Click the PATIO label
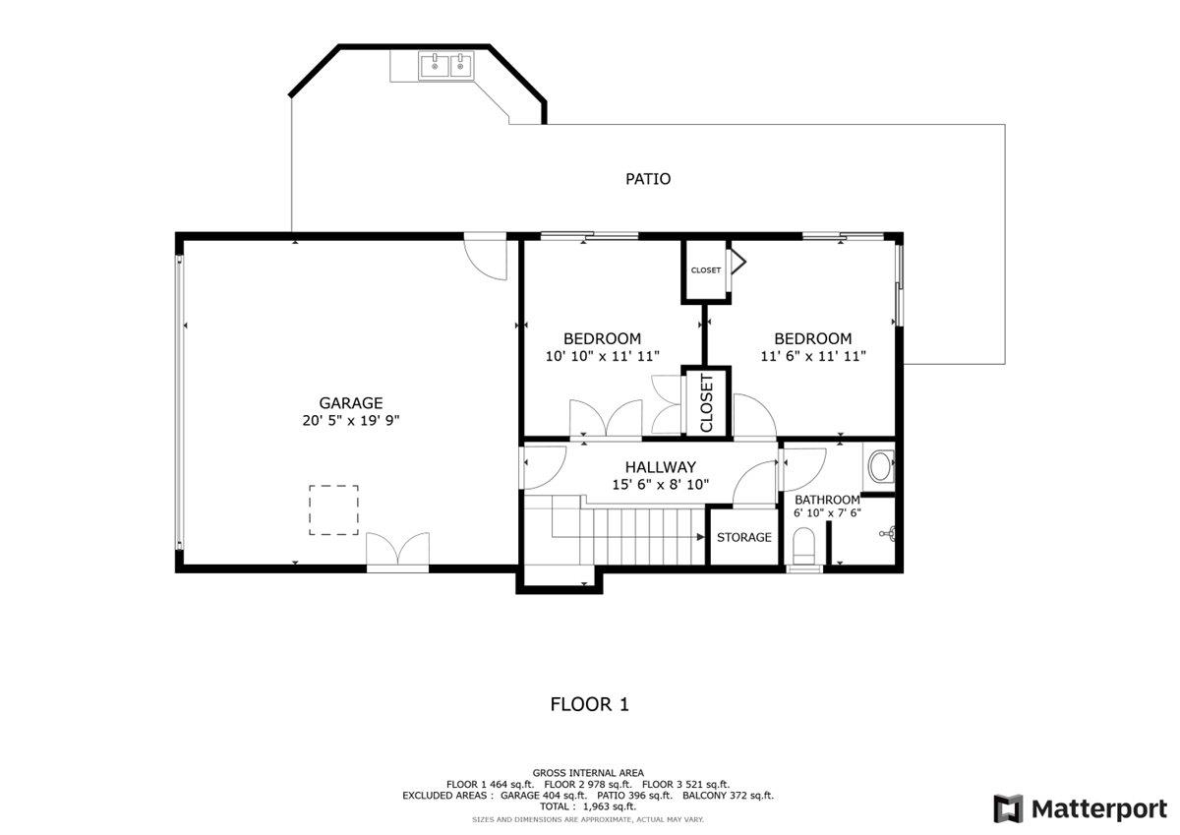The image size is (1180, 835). [648, 179]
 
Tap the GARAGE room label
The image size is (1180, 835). [351, 403]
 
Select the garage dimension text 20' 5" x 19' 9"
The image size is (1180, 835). [351, 420]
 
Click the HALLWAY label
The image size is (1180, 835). [661, 467]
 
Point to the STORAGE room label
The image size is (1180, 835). [743, 537]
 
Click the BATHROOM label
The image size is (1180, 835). [827, 500]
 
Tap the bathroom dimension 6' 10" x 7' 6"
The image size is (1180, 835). [827, 512]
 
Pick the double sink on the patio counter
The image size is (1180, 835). [446, 66]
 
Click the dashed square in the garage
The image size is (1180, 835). [333, 510]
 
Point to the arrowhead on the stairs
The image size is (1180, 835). [700, 537]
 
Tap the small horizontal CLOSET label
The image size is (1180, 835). [706, 270]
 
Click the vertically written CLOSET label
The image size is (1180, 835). [706, 403]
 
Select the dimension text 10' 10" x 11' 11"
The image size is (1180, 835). [602, 356]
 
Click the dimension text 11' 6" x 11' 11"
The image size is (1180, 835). [813, 356]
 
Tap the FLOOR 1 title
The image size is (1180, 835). [589, 704]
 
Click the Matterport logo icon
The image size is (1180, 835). [1008, 808]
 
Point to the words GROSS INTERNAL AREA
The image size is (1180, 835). [588, 773]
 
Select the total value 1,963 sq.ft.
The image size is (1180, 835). [610, 806]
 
